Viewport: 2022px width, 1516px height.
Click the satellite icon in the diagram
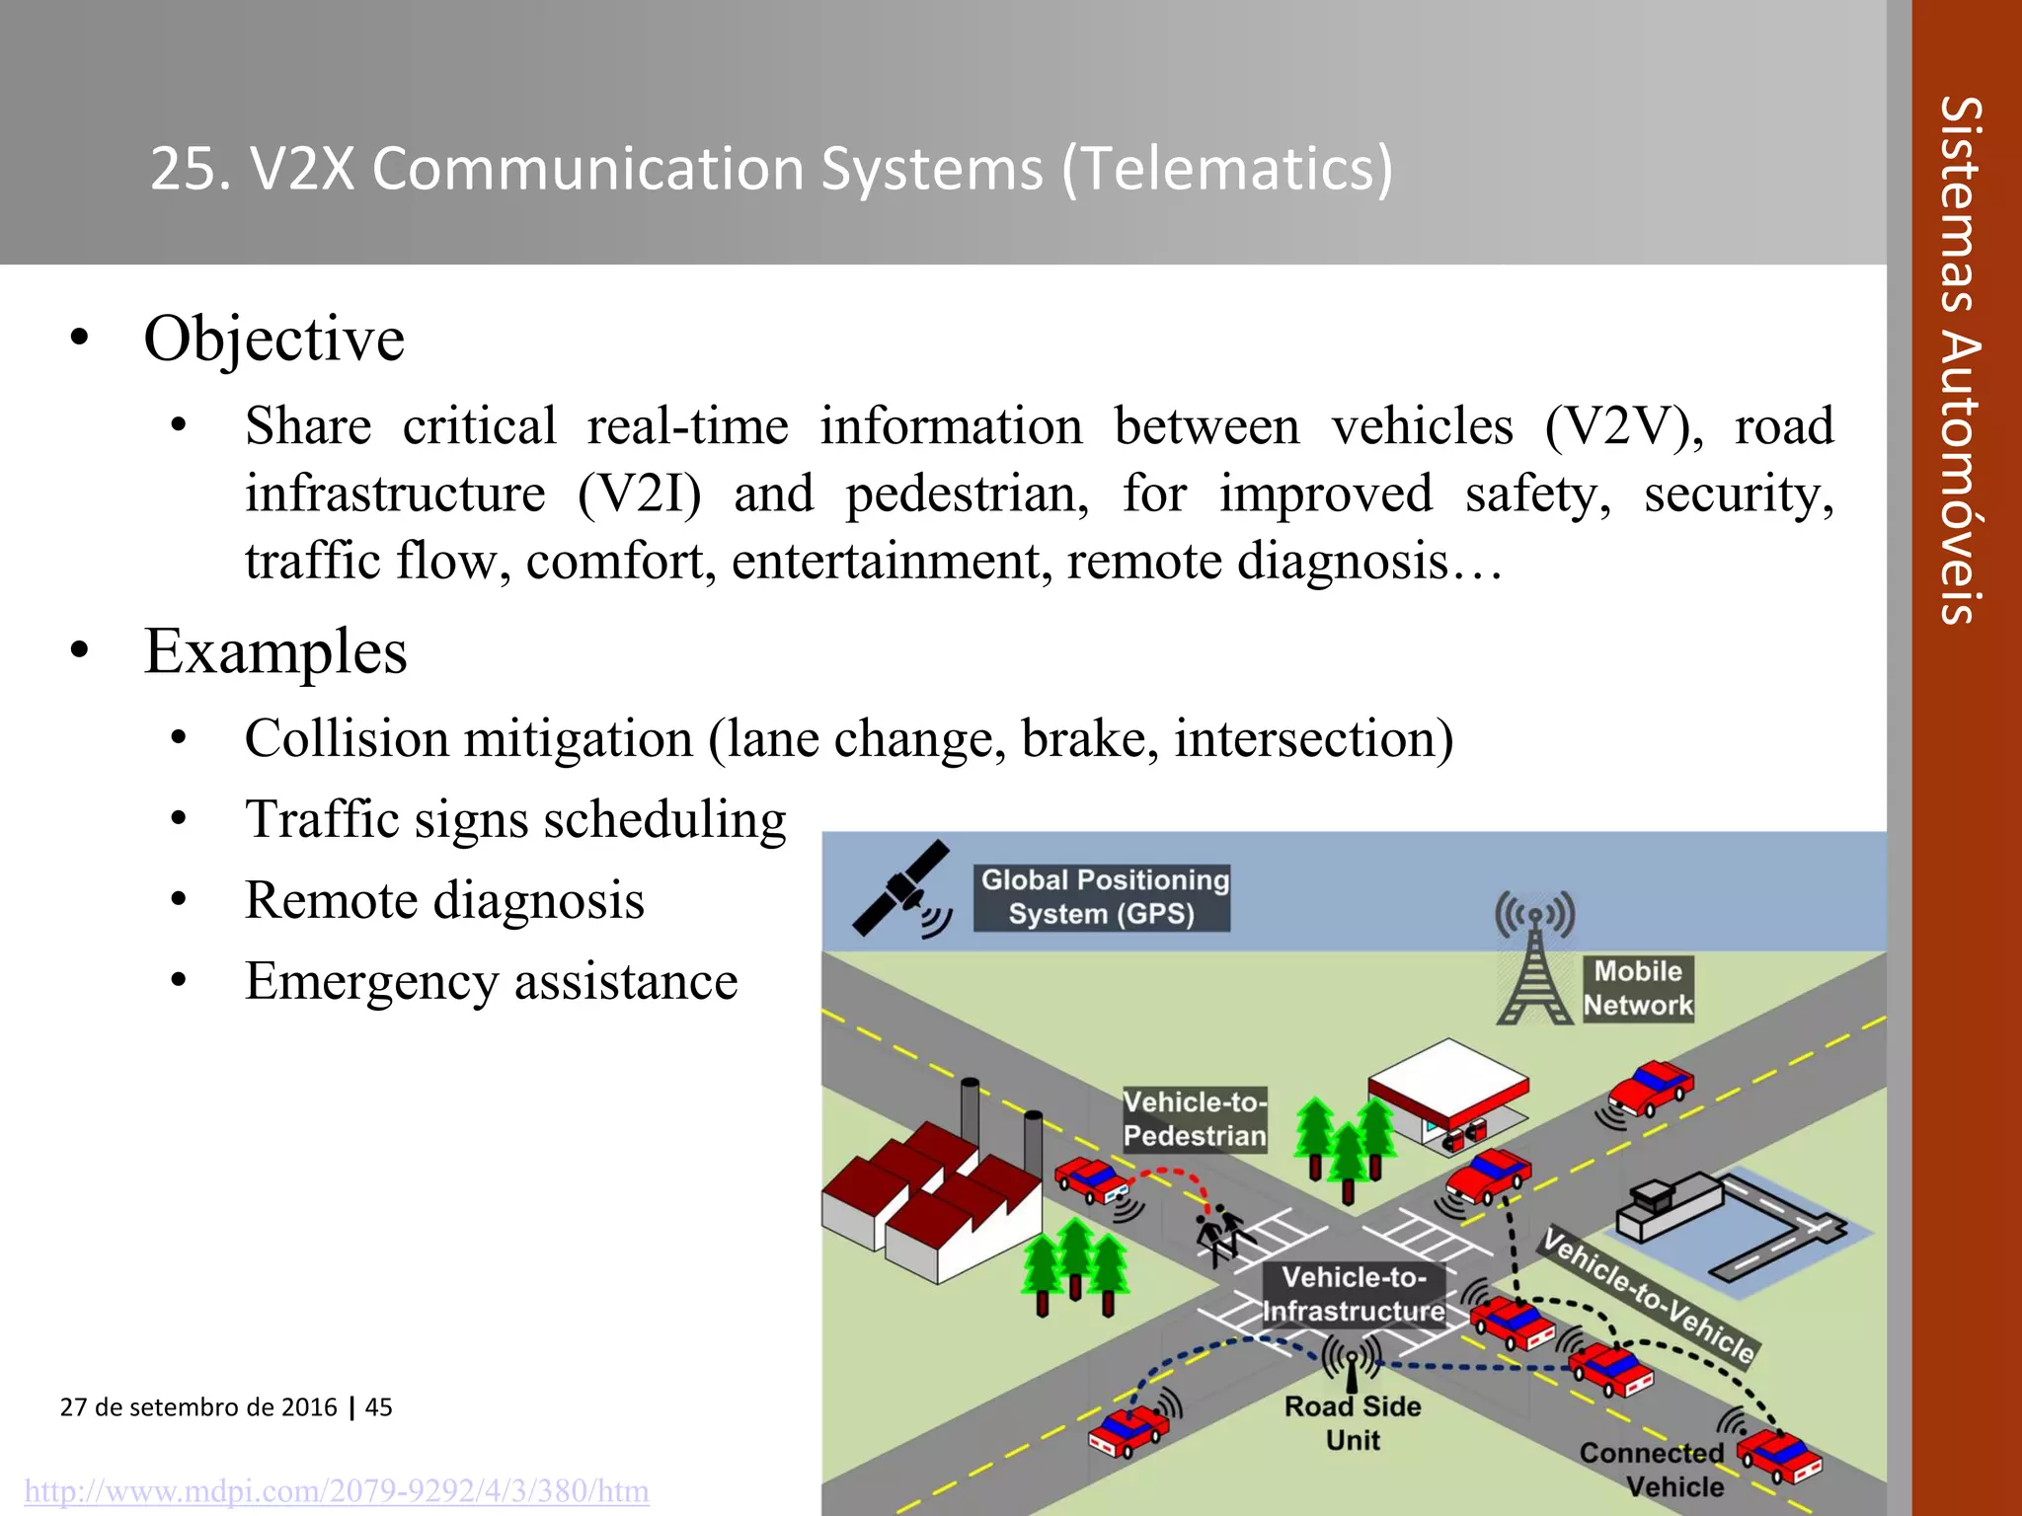900,889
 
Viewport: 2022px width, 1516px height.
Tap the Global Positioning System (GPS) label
1102,897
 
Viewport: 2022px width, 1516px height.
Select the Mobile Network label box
1638,988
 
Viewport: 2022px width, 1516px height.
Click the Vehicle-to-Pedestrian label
1195,1118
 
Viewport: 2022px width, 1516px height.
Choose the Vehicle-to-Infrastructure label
1354,1294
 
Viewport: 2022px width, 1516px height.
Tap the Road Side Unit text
1353,1422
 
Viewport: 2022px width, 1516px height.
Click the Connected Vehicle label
1653,1469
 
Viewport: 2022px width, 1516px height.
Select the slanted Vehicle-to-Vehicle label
1648,1296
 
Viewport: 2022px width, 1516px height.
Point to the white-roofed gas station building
1447,1092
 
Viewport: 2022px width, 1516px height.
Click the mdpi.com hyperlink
337,1490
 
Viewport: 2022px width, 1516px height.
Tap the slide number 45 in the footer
379,1406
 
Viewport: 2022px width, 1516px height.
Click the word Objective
273,339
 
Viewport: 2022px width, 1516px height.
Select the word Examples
275,651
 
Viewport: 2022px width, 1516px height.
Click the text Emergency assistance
491,981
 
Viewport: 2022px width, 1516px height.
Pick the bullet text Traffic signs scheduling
515,819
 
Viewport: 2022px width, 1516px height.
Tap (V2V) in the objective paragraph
1623,426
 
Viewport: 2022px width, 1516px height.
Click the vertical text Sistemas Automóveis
1961,360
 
